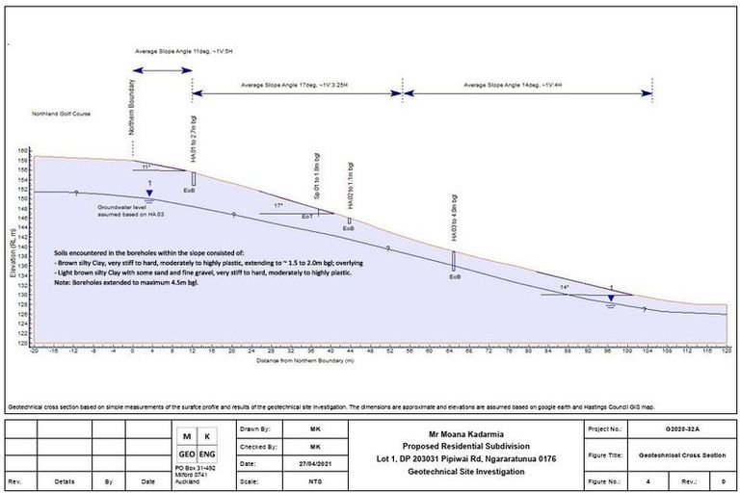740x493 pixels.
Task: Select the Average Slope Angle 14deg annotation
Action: coord(510,86)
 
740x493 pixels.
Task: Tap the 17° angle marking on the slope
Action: coord(278,205)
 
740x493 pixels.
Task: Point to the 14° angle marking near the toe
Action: coord(566,287)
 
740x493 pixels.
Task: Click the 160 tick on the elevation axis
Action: coord(24,151)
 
